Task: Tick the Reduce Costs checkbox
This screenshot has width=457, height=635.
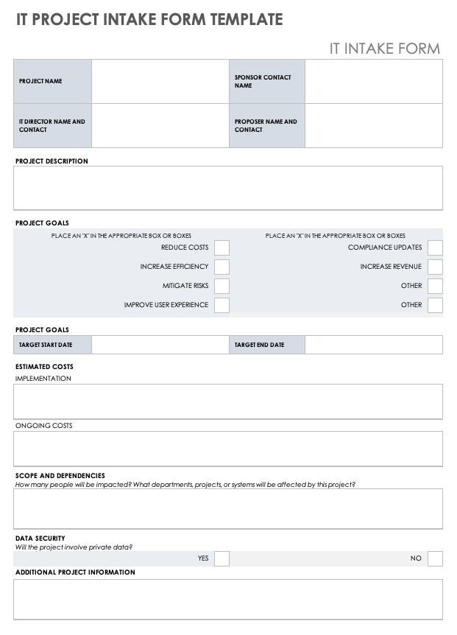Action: point(222,248)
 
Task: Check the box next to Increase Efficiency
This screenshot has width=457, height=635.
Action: point(222,267)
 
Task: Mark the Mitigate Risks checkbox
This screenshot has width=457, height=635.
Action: point(222,286)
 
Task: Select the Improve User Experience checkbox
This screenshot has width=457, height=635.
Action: point(222,305)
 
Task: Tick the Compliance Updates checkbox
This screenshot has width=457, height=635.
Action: point(435,248)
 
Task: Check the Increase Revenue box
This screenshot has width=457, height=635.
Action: point(435,267)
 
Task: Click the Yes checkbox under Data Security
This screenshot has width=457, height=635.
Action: point(222,558)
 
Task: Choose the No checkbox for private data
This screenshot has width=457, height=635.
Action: point(435,558)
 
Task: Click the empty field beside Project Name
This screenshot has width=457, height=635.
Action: point(160,81)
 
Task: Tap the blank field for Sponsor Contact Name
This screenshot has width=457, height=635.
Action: point(373,81)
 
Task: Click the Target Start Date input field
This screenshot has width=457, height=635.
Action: point(160,345)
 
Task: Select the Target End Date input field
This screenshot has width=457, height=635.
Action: point(373,345)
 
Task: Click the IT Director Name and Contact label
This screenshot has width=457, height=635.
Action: point(52,126)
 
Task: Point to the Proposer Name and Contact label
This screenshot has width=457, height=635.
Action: point(266,126)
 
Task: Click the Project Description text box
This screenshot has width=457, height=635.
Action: point(228,188)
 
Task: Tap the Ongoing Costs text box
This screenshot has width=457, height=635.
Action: point(228,449)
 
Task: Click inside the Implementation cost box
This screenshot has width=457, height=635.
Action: point(228,401)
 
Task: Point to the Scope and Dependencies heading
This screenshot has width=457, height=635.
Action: point(60,476)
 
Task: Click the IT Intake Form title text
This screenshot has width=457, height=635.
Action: point(384,49)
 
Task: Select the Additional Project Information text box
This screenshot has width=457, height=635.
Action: point(228,599)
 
